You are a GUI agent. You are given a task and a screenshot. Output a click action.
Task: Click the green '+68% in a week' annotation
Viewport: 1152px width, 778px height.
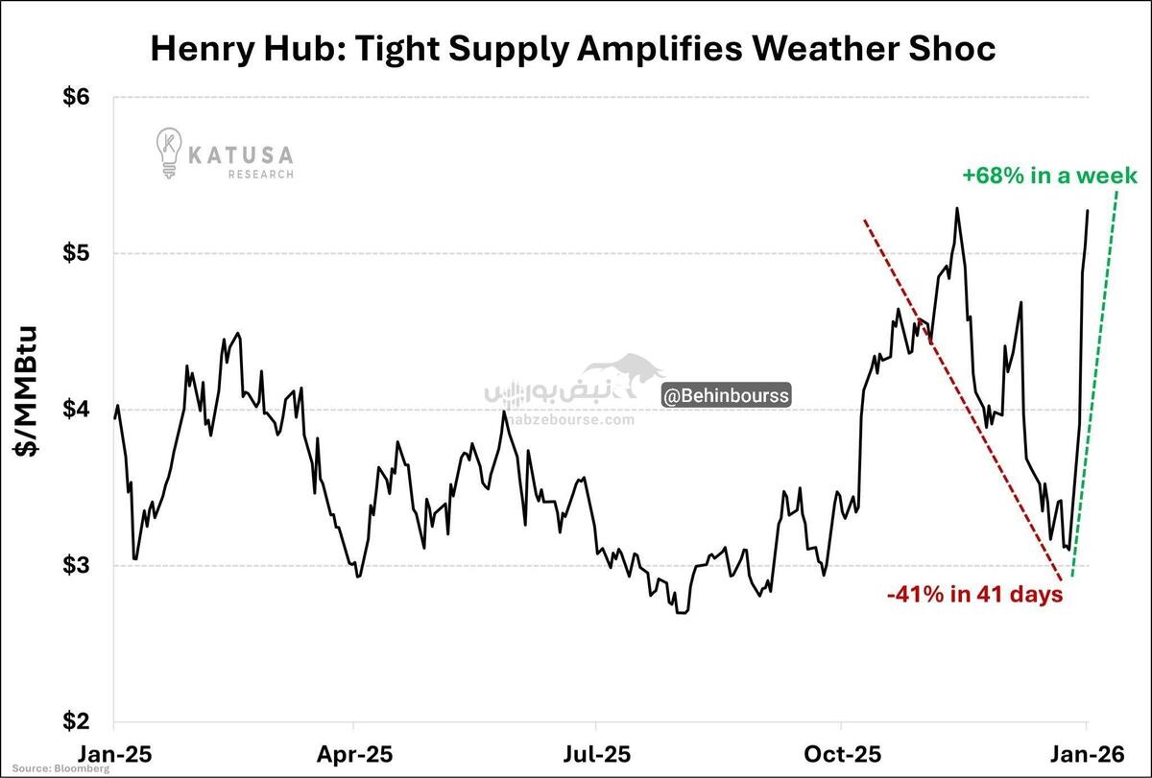pyautogui.click(x=1049, y=176)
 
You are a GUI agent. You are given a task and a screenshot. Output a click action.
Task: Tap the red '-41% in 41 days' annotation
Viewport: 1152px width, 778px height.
pyautogui.click(x=974, y=595)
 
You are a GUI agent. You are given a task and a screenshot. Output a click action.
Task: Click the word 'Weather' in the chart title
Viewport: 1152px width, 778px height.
pyautogui.click(x=817, y=48)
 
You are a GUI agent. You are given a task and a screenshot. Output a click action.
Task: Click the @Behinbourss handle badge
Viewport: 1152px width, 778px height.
pyautogui.click(x=726, y=395)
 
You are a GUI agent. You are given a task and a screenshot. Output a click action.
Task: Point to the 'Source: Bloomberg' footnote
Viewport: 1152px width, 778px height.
pyautogui.click(x=48, y=769)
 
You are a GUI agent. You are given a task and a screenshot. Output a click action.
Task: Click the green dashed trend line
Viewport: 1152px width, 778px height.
pyautogui.click(x=1094, y=384)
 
